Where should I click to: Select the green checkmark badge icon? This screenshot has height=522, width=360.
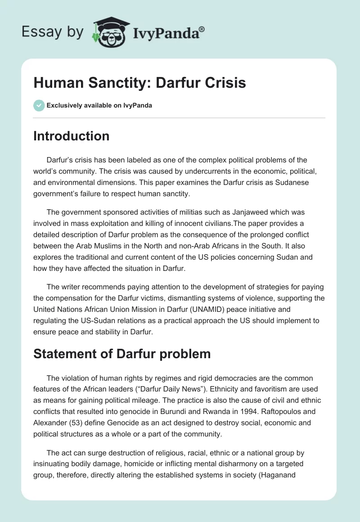tap(39, 105)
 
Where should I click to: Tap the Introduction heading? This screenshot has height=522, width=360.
tap(71, 136)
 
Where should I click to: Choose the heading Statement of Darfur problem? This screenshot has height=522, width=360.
tap(122, 354)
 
